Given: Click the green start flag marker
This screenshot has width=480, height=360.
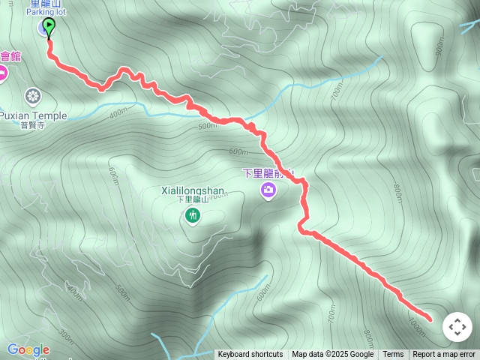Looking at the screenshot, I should click(48, 28).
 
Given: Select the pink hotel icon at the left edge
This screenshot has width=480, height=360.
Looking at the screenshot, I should click(2, 73).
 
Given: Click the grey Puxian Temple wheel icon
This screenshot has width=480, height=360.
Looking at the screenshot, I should click(32, 95).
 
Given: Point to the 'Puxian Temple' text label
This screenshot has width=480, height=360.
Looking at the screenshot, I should click(33, 115).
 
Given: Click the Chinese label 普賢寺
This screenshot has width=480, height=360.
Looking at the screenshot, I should click(33, 125).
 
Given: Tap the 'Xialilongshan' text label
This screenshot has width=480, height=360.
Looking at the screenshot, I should click(193, 190).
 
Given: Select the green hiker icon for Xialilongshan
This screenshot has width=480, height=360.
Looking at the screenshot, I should click(193, 217).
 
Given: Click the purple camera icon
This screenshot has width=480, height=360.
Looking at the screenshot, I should click(268, 191).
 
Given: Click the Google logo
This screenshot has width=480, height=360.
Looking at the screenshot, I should click(28, 349).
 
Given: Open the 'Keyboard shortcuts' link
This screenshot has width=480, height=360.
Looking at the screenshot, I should click(250, 355).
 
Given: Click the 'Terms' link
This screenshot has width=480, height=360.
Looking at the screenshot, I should click(393, 355).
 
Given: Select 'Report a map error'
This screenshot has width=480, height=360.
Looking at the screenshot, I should click(444, 355).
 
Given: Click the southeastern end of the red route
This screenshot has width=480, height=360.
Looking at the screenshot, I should click(430, 319).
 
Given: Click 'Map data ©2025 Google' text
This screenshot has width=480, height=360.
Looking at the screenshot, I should click(332, 355).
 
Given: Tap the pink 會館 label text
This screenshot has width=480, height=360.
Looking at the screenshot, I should click(10, 56).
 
